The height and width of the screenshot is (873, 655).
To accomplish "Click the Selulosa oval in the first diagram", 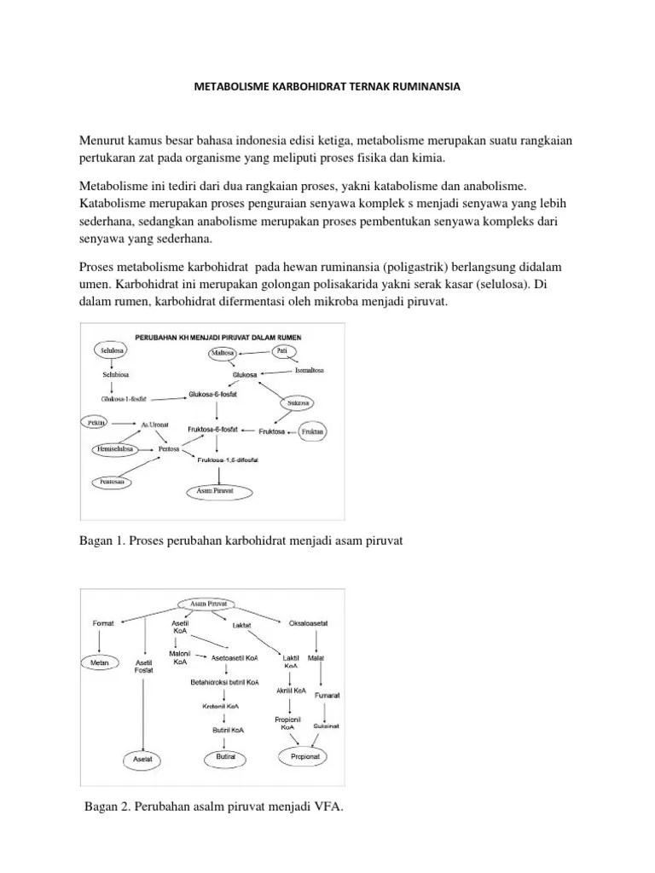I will click(x=112, y=350).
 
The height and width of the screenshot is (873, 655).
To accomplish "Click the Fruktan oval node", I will click(x=314, y=432).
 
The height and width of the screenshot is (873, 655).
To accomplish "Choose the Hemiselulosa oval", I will click(x=115, y=448).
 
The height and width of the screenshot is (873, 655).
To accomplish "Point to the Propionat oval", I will click(x=308, y=756).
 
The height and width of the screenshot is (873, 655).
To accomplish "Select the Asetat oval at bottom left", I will click(x=142, y=758).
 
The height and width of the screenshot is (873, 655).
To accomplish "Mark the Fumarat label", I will click(x=327, y=696).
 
